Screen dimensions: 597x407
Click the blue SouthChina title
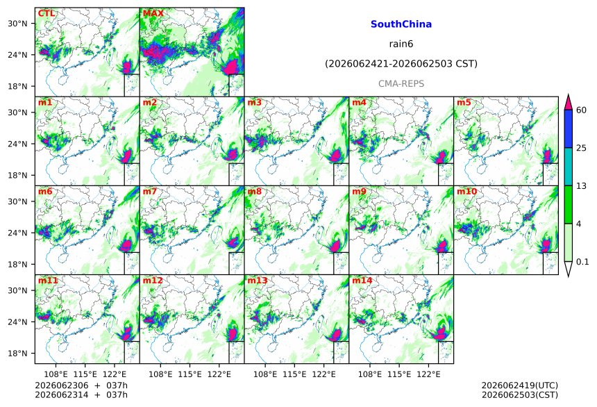click(x=401, y=24)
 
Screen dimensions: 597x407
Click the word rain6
click(x=401, y=44)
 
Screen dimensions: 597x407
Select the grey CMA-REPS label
click(x=401, y=83)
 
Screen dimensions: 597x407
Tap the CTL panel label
click(x=47, y=13)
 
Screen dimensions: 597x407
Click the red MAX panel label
click(x=153, y=13)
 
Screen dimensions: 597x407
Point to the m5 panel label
click(x=464, y=103)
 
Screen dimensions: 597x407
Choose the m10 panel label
click(x=466, y=191)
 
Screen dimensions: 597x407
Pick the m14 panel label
click(x=362, y=281)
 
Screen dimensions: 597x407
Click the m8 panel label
click(x=254, y=191)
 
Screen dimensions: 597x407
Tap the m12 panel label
click(x=153, y=281)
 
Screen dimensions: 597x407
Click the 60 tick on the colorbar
click(x=581, y=110)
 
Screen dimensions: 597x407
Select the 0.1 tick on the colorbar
click(x=582, y=262)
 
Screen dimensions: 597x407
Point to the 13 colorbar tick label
click(x=581, y=186)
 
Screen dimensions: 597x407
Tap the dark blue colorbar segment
click(x=569, y=128)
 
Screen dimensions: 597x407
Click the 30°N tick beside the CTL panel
click(x=17, y=24)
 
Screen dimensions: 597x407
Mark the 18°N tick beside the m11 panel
click(x=17, y=354)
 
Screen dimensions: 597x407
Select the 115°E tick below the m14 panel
click(x=399, y=374)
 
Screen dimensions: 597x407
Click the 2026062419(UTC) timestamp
click(x=520, y=385)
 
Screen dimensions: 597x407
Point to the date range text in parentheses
click(x=401, y=64)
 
